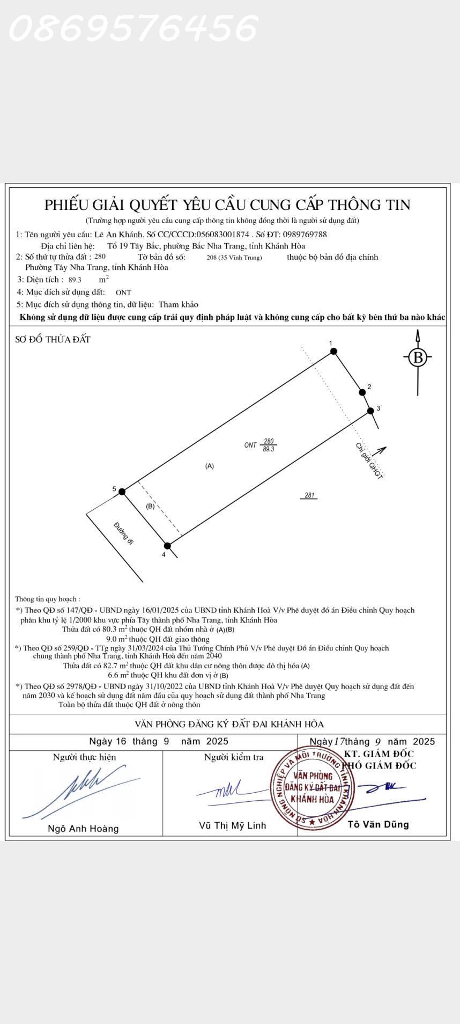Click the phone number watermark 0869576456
(x=133, y=28)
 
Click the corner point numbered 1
(x=333, y=352)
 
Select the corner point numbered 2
(x=362, y=392)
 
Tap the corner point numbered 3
(x=370, y=411)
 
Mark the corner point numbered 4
(x=167, y=546)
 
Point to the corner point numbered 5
(x=122, y=492)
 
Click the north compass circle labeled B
(x=418, y=357)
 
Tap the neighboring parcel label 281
(x=309, y=495)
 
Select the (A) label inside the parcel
(x=210, y=466)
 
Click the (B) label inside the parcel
(x=150, y=506)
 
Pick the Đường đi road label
(x=123, y=533)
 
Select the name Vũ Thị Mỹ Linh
(x=232, y=825)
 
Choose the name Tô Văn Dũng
(x=378, y=824)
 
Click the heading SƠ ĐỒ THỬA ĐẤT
(x=53, y=339)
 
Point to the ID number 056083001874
(x=223, y=235)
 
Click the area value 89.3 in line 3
(x=75, y=280)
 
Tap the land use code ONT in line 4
(x=123, y=292)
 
